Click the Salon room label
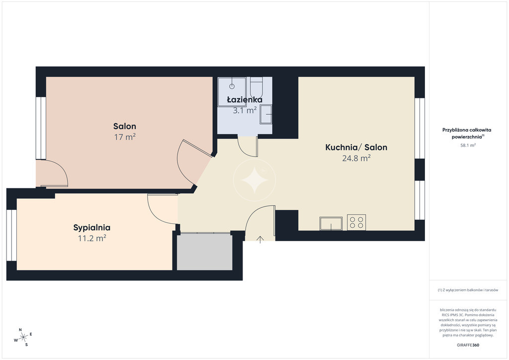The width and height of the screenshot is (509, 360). pyautogui.click(x=125, y=126)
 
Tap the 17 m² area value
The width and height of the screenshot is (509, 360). pyautogui.click(x=125, y=137)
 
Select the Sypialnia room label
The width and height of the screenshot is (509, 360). pyautogui.click(x=92, y=228)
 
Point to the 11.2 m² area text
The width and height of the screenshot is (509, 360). pyautogui.click(x=92, y=238)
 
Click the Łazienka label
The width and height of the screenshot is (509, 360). pyautogui.click(x=245, y=99)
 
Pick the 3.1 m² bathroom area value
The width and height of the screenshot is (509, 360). pyautogui.click(x=245, y=110)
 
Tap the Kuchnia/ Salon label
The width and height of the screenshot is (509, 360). pyautogui.click(x=356, y=147)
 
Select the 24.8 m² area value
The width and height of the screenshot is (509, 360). pyautogui.click(x=356, y=158)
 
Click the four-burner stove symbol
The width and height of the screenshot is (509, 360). pyautogui.click(x=356, y=222)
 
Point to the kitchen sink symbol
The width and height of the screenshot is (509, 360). pyautogui.click(x=331, y=223)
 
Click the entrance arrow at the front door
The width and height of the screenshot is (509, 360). pyautogui.click(x=260, y=240)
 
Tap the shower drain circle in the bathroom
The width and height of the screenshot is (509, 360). pyautogui.click(x=232, y=87)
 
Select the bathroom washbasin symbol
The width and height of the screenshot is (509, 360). pyautogui.click(x=266, y=114)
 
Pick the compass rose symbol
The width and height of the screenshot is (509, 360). pyautogui.click(x=23, y=338)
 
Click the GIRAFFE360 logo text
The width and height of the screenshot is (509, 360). pyautogui.click(x=468, y=345)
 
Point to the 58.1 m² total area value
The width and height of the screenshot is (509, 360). pyautogui.click(x=468, y=145)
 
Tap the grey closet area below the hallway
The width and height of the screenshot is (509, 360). pyautogui.click(x=204, y=252)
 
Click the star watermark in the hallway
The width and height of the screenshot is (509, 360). pyautogui.click(x=254, y=180)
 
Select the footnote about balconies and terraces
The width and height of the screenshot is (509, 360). pyautogui.click(x=468, y=290)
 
